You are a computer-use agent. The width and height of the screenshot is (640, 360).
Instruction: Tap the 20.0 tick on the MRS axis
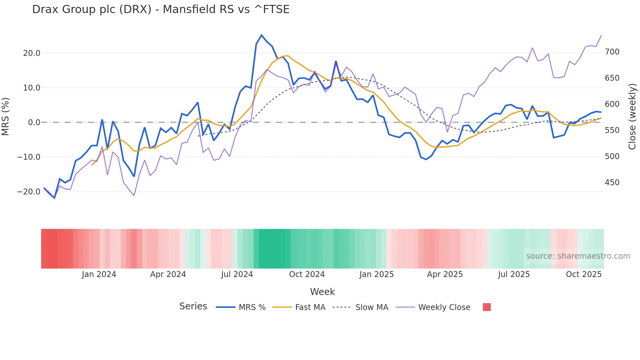[32, 53]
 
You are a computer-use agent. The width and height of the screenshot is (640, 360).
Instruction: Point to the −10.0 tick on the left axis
[29, 157]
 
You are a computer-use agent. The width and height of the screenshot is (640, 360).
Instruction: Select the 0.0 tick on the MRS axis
[34, 123]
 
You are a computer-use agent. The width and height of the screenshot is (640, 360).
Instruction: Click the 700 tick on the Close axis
[612, 52]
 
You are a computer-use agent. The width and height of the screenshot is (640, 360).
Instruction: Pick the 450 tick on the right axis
[612, 183]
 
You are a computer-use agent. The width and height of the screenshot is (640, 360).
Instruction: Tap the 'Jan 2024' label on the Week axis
[99, 274]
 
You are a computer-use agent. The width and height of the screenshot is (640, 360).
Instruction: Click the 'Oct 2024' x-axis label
[307, 274]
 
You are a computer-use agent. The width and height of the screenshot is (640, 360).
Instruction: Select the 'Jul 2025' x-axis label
[514, 274]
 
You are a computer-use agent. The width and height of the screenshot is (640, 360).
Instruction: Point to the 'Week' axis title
[322, 292]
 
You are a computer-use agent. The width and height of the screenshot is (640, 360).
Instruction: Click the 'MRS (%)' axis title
[6, 117]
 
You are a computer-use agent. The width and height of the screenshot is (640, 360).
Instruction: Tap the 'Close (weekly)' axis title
[632, 117]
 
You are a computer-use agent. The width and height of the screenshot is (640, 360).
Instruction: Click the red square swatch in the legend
[487, 307]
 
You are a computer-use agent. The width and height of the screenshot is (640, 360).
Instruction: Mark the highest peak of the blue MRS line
[262, 35]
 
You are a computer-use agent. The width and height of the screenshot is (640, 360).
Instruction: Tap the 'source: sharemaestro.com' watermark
[578, 256]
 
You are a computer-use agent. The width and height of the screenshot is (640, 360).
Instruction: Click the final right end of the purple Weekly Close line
[601, 35]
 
